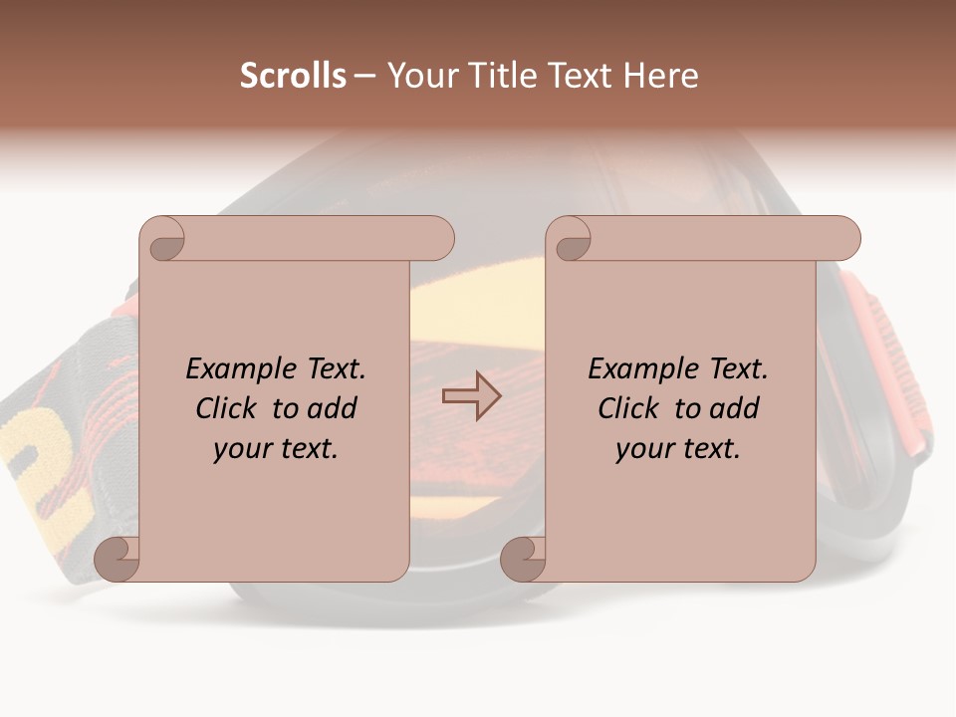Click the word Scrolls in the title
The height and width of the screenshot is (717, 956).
(x=294, y=75)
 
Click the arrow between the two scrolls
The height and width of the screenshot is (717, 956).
(x=471, y=396)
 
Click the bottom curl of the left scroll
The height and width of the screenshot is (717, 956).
(x=117, y=559)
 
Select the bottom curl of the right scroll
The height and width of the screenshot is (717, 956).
(x=523, y=559)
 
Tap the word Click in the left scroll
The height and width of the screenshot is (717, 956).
(x=226, y=408)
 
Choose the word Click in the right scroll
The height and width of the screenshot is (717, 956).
(x=628, y=408)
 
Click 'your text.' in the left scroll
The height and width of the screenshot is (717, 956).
(x=276, y=448)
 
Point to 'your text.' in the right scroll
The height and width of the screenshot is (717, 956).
(x=678, y=448)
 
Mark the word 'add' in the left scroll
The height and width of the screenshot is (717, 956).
(x=332, y=408)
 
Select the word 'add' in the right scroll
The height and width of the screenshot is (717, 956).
(x=734, y=408)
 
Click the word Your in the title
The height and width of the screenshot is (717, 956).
(x=418, y=75)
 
